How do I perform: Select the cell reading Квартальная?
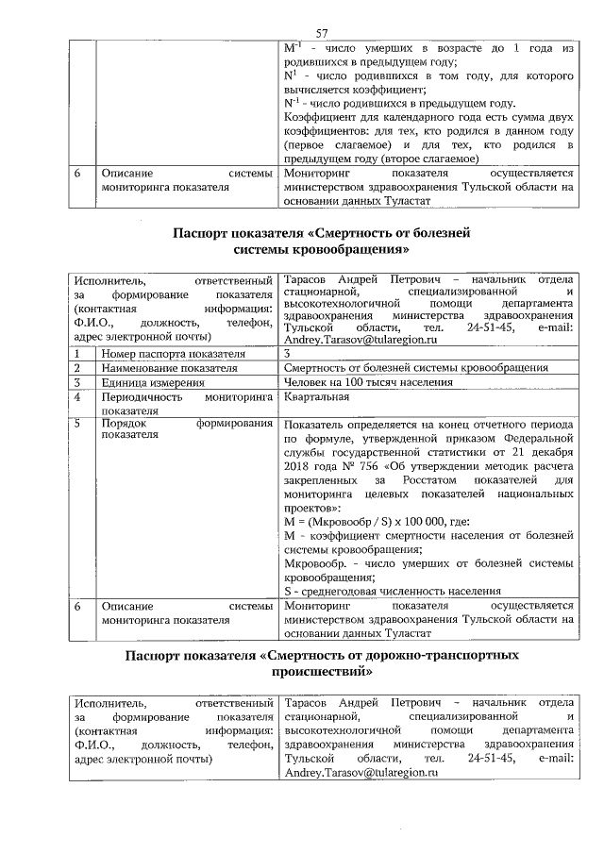tap(314, 399)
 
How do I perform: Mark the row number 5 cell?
tap(80, 425)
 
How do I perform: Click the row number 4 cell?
tap(80, 399)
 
